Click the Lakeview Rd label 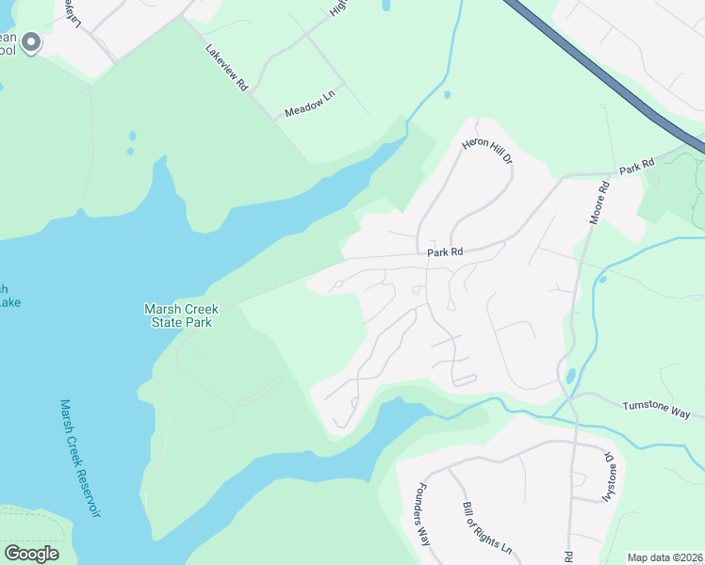click(x=226, y=68)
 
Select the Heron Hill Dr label click(x=487, y=151)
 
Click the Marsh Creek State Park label click(x=179, y=315)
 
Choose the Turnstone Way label click(x=656, y=410)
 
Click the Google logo click(x=31, y=554)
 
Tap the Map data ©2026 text click(x=665, y=557)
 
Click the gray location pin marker click(x=32, y=42)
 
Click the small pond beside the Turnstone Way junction click(x=569, y=377)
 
